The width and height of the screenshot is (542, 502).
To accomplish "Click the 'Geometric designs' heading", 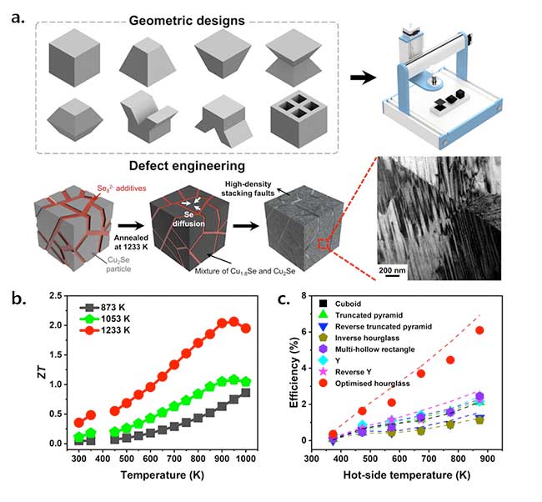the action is tap(187, 21).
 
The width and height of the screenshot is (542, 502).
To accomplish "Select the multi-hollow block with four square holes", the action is tap(299, 119).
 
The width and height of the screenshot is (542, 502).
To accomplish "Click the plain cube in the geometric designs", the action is tap(74, 58).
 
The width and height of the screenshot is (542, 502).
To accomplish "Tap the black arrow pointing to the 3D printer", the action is tap(363, 78).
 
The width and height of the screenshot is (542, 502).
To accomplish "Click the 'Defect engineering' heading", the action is tap(187, 166).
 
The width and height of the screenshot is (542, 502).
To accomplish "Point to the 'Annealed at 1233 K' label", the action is tap(131, 242).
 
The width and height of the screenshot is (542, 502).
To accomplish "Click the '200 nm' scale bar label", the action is tap(392, 270).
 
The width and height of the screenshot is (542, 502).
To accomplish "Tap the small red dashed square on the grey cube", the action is tap(323, 244).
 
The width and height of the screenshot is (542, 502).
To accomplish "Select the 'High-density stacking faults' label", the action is tap(248, 188).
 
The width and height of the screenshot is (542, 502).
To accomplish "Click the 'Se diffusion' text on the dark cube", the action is tap(188, 219).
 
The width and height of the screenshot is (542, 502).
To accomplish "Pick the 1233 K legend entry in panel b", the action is tap(105, 330).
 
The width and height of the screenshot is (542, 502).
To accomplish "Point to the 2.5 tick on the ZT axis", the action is tap(56, 296).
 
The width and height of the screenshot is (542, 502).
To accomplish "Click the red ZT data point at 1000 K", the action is tap(246, 328).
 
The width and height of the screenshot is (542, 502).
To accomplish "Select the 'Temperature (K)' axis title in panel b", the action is tap(162, 474).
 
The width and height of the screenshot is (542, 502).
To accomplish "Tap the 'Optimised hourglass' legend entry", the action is tap(364, 384).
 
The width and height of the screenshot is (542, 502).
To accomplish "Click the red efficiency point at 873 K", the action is tap(479, 330).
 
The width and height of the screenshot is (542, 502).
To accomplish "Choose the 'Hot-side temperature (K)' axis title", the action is tap(407, 474).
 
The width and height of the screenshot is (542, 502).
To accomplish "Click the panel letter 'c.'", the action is tap(284, 299).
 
